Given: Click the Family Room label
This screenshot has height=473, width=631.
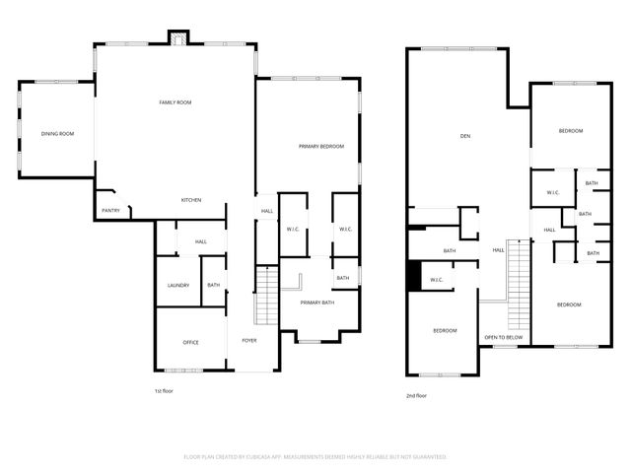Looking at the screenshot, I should tap(175, 102).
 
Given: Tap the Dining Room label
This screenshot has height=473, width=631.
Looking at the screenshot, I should tap(57, 134).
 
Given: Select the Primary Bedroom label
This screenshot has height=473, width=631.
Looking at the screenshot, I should tap(321, 146).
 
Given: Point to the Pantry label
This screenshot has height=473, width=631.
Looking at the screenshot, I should tap(110, 210).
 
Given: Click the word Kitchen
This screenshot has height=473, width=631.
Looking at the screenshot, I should tap(191, 200).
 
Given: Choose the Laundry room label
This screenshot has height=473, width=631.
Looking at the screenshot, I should tap(177, 286).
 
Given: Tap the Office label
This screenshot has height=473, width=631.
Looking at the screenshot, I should tap(191, 342).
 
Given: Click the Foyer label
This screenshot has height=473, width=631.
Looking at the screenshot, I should tap(249, 342).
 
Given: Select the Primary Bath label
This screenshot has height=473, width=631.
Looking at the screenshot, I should tap(317, 303).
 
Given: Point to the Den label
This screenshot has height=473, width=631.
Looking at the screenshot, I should tap(464, 135).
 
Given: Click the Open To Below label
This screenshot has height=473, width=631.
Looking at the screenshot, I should tap(503, 338).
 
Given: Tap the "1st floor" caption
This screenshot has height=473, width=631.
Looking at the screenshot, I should tap(165, 391).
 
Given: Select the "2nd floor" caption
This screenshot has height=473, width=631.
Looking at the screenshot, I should tap(416, 395).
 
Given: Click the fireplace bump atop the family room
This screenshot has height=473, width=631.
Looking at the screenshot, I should tap(177, 38).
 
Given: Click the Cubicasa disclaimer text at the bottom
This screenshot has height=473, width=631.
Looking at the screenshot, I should tap(315, 457).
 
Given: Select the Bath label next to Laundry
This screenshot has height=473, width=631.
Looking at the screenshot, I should tap(214, 286).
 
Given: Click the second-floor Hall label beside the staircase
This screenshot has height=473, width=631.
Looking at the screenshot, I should tap(499, 250).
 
